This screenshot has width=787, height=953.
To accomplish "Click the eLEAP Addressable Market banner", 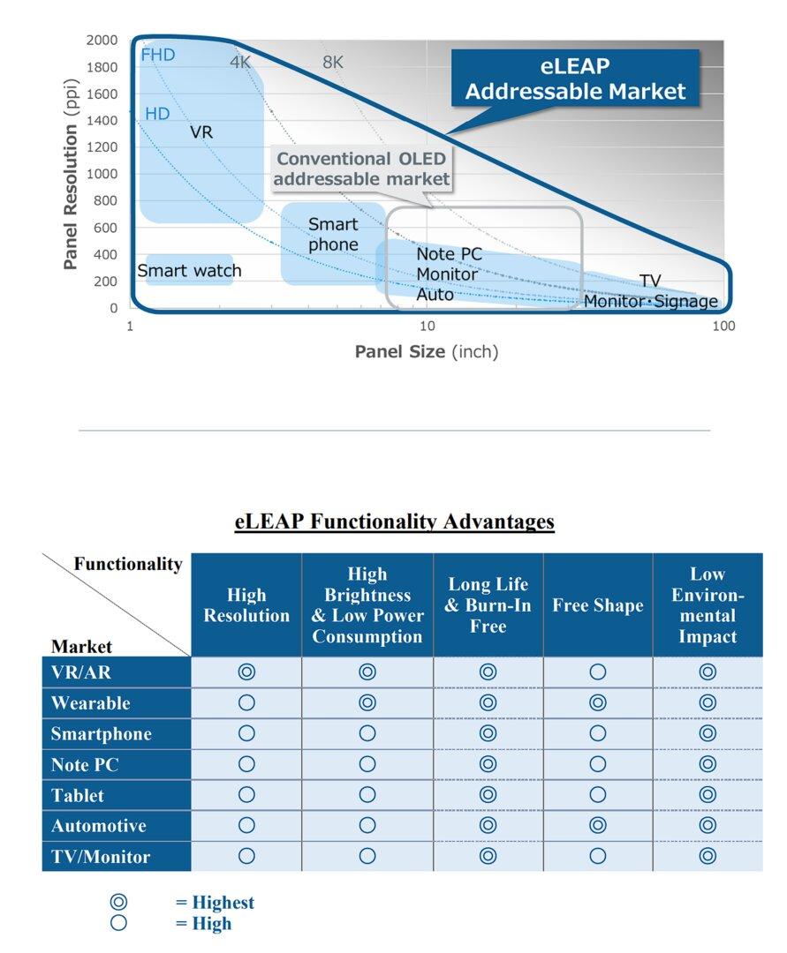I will pyautogui.click(x=575, y=79).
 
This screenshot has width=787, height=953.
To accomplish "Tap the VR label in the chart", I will pyautogui.click(x=201, y=132).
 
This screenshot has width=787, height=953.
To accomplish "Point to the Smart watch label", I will pyautogui.click(x=188, y=271).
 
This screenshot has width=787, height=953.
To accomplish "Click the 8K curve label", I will pyautogui.click(x=333, y=63).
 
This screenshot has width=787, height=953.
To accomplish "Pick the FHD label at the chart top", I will pyautogui.click(x=158, y=55).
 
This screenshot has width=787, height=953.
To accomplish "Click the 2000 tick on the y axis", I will pyautogui.click(x=102, y=41).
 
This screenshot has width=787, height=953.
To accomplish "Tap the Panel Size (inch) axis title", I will pyautogui.click(x=427, y=352).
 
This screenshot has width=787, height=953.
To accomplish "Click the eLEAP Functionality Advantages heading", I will pyautogui.click(x=394, y=522).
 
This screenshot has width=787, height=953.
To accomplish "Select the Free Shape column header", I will pyautogui.click(x=598, y=605).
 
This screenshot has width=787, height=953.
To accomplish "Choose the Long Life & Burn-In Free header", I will pyautogui.click(x=488, y=605).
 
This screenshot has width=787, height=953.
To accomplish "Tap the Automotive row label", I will pyautogui.click(x=99, y=826).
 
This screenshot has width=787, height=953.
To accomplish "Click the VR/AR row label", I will pyautogui.click(x=80, y=672).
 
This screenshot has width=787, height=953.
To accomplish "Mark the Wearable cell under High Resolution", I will pyautogui.click(x=246, y=703).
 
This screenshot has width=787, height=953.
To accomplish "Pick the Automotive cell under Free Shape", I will pyautogui.click(x=598, y=826).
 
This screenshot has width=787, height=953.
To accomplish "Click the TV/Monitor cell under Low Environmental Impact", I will pyautogui.click(x=708, y=856).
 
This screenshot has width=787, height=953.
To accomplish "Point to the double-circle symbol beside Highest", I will pyautogui.click(x=118, y=902).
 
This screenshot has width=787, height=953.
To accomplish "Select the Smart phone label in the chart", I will pyautogui.click(x=333, y=235).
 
